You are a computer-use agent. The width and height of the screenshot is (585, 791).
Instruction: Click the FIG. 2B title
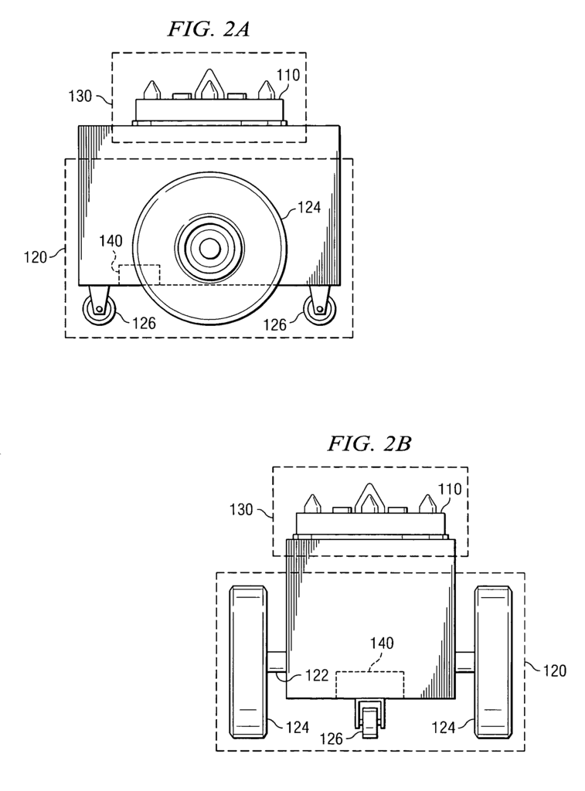point(369,444)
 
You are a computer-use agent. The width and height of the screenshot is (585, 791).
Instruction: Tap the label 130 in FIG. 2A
point(80,95)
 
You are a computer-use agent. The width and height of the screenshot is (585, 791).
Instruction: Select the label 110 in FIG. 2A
point(287,75)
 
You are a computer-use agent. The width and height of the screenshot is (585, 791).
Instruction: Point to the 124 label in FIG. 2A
point(309,207)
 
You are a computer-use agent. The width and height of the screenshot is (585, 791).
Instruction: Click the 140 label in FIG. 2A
point(111,241)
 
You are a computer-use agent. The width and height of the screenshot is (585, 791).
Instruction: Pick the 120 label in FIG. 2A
point(36,257)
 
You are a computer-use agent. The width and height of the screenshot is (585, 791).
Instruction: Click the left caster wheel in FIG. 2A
point(99,309)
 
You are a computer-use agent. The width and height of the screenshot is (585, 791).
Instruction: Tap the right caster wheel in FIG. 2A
point(319,309)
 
